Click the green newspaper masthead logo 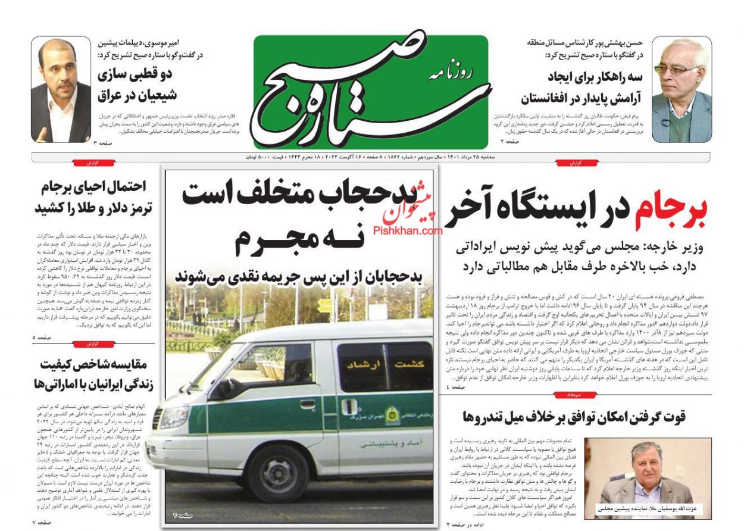point(370,91)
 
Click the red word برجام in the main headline point(671,213)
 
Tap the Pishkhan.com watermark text point(408,230)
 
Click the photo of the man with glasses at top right point(682,90)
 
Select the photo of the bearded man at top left point(61,90)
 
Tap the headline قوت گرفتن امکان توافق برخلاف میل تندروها point(574,417)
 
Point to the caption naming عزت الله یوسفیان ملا point(648,510)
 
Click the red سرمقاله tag point(574,395)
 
